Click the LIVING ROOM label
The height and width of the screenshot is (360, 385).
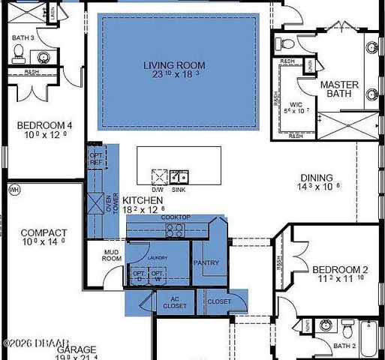pos(174,66)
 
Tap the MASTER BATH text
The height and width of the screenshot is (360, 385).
pos(339,90)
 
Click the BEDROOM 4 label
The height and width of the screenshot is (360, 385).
pos(44,125)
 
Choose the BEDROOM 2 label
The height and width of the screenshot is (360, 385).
pos(339,269)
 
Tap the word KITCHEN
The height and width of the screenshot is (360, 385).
pos(143,200)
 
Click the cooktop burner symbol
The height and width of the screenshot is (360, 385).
pos(175,231)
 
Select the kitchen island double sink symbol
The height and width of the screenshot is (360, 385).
pos(179,177)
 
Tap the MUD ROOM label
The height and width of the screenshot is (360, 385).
pos(112,255)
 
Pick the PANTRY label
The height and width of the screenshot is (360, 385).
pos(206,263)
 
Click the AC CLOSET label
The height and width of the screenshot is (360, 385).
pos(175,302)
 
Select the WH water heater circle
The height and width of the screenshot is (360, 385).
pos(13,190)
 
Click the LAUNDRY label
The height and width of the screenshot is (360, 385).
pos(157,258)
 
